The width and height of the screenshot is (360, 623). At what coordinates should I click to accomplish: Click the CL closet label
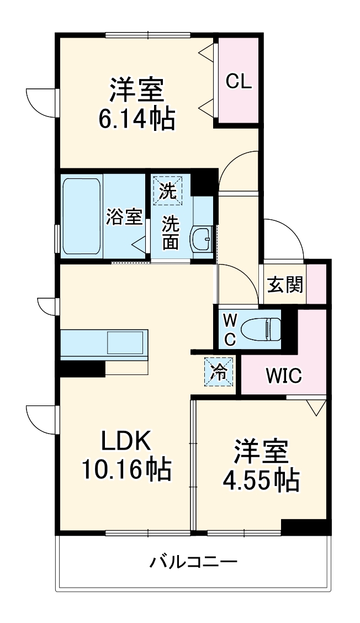(x=239, y=82)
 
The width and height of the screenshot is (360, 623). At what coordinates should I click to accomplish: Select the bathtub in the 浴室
(x=81, y=216)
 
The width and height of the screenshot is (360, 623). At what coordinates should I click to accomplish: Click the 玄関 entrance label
(x=285, y=284)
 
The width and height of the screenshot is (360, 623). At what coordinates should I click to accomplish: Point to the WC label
(x=230, y=330)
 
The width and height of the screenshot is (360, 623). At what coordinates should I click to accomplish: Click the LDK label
(x=125, y=441)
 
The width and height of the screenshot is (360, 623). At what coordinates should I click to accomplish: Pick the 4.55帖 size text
(x=261, y=481)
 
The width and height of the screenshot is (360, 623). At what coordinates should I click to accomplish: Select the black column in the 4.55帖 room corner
(x=305, y=526)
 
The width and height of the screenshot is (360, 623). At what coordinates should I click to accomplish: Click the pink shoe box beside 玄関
(x=316, y=284)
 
